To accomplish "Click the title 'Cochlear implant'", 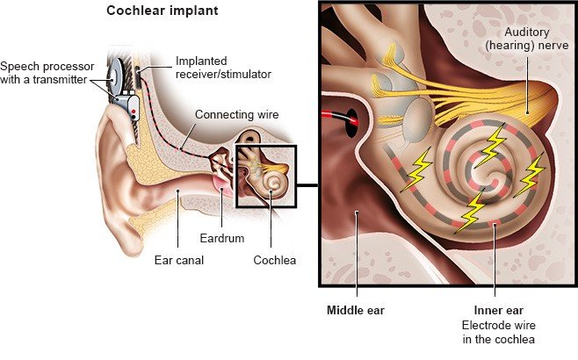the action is pyautogui.click(x=163, y=11).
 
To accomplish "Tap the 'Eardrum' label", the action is pyautogui.click(x=222, y=238).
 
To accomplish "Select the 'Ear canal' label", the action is pyautogui.click(x=179, y=260).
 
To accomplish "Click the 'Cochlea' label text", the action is pyautogui.click(x=275, y=260).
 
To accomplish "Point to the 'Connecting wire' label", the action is pyautogui.click(x=236, y=115).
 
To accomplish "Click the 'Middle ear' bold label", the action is pyautogui.click(x=356, y=310).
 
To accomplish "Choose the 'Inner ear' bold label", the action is pyautogui.click(x=498, y=310).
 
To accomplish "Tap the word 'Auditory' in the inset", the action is pyautogui.click(x=527, y=32).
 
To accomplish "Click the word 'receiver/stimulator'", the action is pyautogui.click(x=223, y=74).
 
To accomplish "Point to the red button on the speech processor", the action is pyautogui.click(x=134, y=112).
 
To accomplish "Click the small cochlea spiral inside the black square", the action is pyautogui.click(x=272, y=181).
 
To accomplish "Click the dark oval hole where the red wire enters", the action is pyautogui.click(x=352, y=123).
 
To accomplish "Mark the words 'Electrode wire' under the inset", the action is pyautogui.click(x=498, y=326).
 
